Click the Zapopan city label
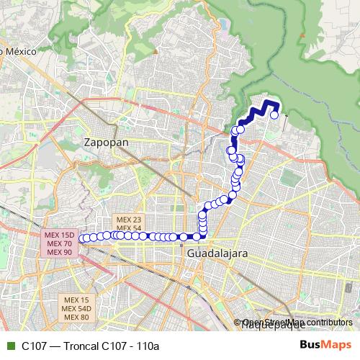pos(106,142)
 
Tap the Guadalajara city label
pos(217,254)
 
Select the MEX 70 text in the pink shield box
pos(58,243)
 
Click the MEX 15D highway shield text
pos(58,235)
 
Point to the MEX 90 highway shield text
pos(58,252)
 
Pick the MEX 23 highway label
pos(128,219)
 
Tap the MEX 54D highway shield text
pos(76,308)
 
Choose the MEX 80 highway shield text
pos(76,317)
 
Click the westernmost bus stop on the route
pos(84,238)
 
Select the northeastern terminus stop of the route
pos(274,114)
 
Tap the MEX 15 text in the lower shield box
pos(76,300)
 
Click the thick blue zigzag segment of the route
pos(261,109)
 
